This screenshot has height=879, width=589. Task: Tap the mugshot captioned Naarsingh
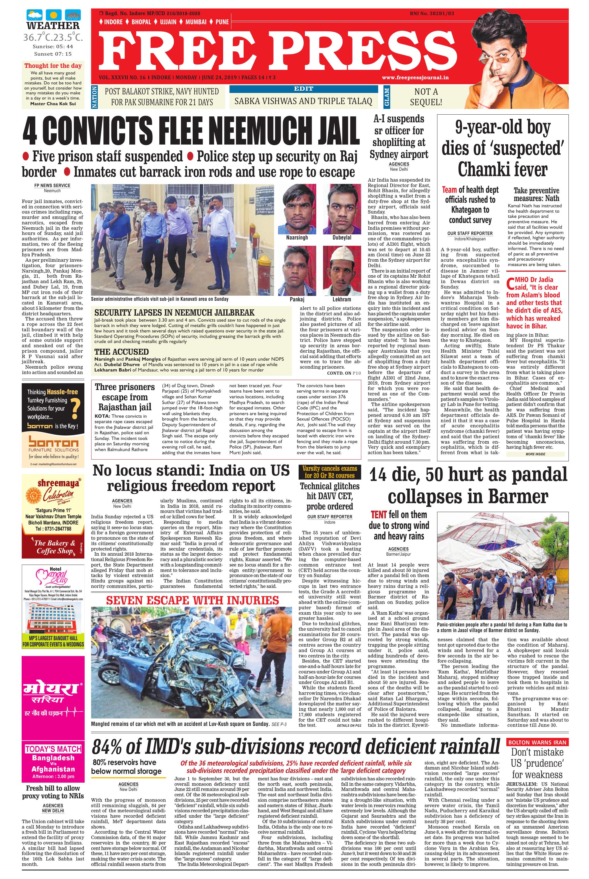tap(297, 209)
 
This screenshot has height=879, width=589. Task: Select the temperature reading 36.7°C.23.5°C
tap(53, 38)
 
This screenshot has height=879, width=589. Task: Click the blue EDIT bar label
tap(303, 89)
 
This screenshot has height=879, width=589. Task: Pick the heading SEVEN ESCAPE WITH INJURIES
tap(192, 600)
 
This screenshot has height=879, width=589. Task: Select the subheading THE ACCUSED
tap(122, 352)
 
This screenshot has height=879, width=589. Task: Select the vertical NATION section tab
tap(95, 97)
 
